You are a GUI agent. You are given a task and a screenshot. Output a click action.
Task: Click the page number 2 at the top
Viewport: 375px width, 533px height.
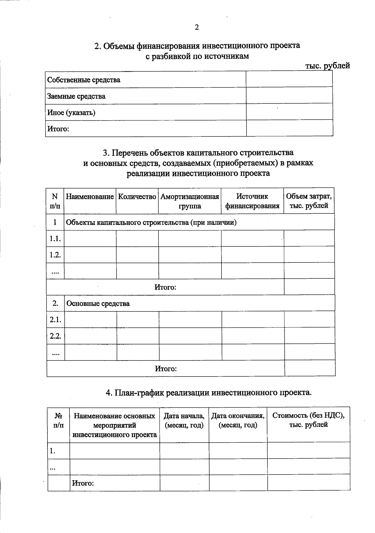tap(197, 27)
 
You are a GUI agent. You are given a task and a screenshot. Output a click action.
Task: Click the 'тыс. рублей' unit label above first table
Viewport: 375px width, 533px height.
tap(327, 66)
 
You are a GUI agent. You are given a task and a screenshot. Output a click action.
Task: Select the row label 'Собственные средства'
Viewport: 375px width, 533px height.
tap(84, 80)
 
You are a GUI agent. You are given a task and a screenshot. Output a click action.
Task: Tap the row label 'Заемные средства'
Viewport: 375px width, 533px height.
tap(76, 96)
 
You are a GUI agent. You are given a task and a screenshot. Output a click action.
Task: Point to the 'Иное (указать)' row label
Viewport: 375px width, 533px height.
tap(71, 112)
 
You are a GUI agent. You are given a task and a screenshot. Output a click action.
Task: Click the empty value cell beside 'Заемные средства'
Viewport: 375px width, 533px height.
tap(289, 96)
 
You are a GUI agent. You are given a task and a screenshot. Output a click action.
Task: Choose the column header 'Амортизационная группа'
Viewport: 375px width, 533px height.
tap(190, 201)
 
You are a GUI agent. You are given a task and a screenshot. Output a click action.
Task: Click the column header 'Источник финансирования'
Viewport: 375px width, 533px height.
tap(252, 201)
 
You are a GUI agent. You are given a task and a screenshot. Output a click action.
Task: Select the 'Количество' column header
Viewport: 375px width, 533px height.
tap(137, 197)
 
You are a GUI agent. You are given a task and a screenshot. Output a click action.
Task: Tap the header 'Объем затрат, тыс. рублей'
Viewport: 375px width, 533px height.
tap(309, 201)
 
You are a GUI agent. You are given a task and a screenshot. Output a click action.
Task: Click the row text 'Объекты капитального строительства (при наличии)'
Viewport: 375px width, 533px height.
tap(151, 222)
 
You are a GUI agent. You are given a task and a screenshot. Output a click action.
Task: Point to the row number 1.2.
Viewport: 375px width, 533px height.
tap(55, 255)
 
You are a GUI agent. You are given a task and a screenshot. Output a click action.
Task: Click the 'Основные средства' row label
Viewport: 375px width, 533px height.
tap(98, 304)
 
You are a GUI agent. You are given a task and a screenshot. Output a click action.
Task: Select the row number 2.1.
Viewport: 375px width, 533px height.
tap(55, 320)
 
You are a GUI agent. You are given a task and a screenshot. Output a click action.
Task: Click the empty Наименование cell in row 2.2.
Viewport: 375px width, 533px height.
tap(91, 336)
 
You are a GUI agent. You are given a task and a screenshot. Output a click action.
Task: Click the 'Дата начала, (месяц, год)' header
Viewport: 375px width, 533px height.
tap(184, 421)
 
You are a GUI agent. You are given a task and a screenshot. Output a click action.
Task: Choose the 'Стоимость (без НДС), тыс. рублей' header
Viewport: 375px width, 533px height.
tap(308, 420)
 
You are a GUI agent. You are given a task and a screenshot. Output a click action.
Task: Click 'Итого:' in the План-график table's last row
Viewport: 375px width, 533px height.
tap(83, 483)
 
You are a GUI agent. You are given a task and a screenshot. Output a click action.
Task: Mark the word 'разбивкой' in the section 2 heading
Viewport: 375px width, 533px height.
tap(173, 56)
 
